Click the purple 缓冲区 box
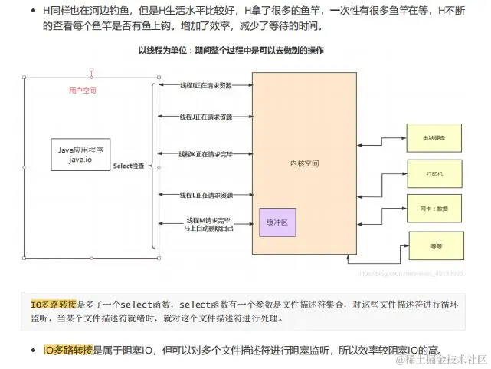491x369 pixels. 277,222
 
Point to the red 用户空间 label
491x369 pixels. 82,91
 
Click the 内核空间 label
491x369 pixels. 305,163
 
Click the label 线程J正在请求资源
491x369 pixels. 205,117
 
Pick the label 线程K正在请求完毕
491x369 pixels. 205,153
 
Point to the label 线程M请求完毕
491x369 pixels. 205,220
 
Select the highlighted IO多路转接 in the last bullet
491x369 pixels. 67,349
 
